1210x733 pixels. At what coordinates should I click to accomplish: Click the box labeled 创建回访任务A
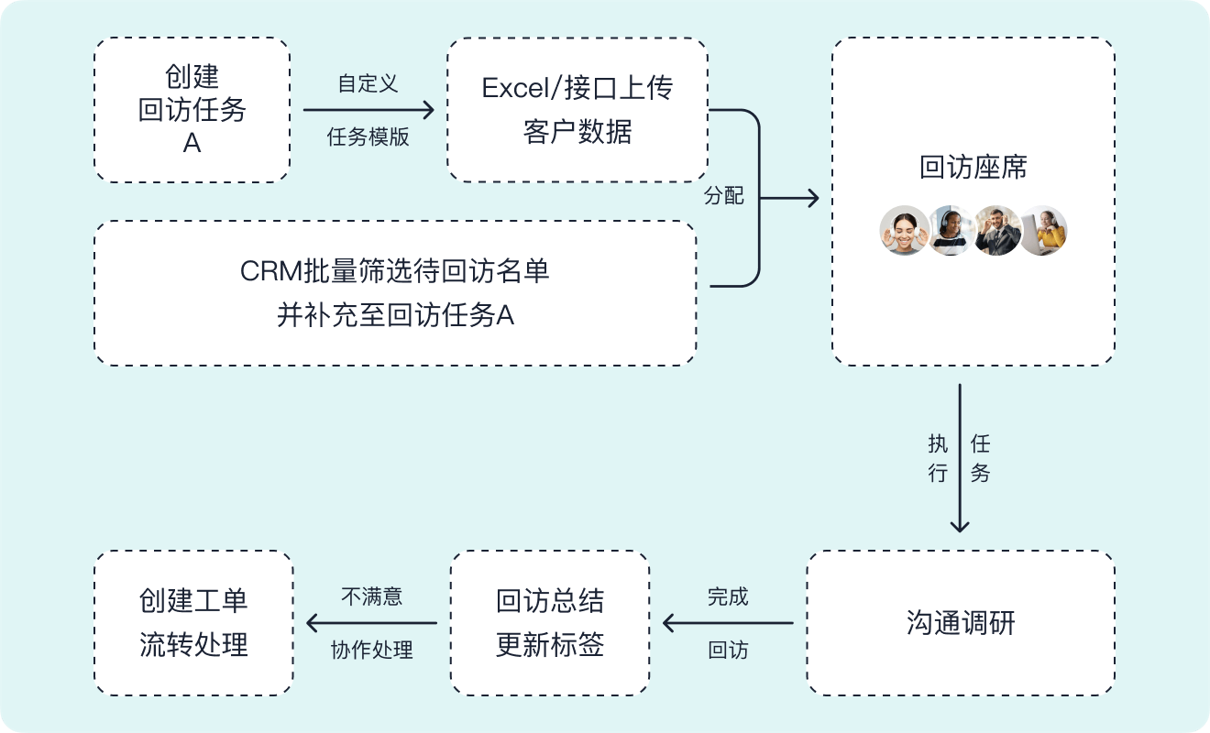coord(192,110)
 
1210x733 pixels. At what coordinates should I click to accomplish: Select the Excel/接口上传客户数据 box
coord(577,110)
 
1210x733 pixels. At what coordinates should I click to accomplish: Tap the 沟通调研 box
coord(960,623)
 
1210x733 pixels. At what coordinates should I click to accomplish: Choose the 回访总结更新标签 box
coord(549,623)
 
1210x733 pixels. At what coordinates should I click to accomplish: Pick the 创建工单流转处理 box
coord(193,623)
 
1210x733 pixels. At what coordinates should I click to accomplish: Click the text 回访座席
coord(973,168)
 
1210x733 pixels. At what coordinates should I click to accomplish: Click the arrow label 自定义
coord(368,83)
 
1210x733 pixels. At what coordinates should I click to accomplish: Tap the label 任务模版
coord(368,137)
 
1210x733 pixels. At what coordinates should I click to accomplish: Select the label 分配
coord(723,196)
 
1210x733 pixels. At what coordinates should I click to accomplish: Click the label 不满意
coord(371,596)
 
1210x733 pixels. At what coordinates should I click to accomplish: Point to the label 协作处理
coord(371,650)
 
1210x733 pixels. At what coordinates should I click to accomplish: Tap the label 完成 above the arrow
coord(728,596)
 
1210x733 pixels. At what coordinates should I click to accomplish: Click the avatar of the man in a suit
coord(997,230)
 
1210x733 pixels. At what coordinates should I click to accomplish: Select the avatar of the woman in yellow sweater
coord(1044,230)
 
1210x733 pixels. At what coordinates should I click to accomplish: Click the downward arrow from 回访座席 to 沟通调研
coord(960,458)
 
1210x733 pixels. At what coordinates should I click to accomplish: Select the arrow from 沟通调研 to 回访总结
coord(728,623)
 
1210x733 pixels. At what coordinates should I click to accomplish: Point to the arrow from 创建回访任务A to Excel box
coord(368,110)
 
